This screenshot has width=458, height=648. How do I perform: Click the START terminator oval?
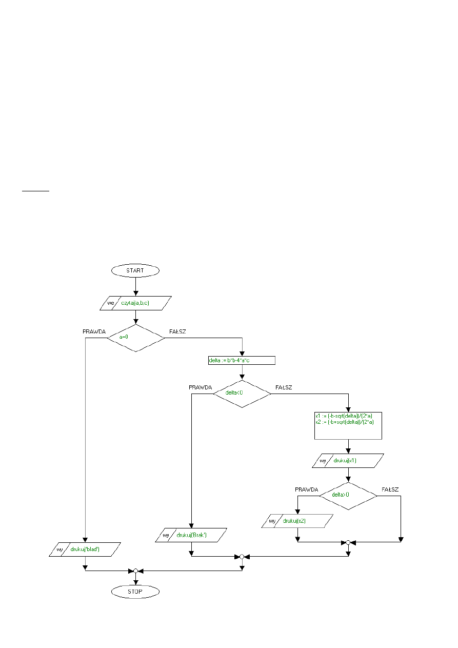135,270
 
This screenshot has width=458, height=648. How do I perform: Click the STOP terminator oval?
135,592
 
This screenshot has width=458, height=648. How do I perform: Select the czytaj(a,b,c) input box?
135,303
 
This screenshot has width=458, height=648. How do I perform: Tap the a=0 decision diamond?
135,338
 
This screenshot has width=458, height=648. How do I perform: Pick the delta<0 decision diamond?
242,394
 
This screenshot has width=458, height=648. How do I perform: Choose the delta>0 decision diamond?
348,496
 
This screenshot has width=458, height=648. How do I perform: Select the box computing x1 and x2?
348,425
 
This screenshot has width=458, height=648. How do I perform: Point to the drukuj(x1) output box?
348,461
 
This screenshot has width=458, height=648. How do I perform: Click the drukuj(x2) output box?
297,521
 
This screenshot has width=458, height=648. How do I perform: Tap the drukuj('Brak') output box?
191,536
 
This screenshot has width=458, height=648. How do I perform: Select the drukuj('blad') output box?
85,549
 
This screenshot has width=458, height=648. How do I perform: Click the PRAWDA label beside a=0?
94,331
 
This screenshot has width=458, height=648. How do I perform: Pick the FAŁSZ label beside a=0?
177,331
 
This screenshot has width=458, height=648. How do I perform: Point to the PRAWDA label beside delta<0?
200,387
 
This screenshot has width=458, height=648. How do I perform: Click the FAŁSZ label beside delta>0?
390,489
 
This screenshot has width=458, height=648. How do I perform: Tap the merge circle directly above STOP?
135,571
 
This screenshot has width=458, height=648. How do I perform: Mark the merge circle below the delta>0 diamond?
348,542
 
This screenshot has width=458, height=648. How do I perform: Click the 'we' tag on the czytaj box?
110,303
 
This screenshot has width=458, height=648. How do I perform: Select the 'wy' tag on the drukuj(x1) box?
323,461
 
